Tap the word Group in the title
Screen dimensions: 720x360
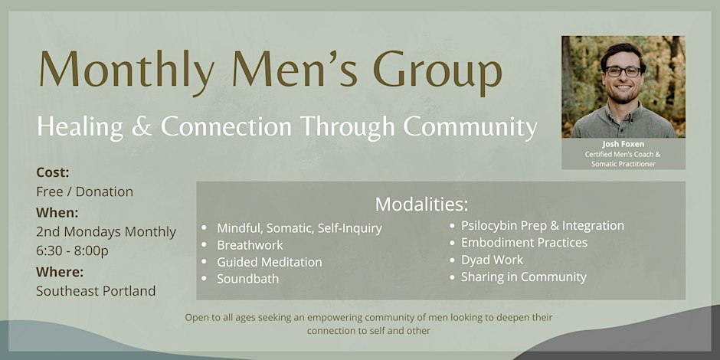click(437, 70)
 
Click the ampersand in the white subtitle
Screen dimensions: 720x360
click(142, 126)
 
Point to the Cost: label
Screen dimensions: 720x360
click(53, 172)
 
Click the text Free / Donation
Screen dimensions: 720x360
click(84, 191)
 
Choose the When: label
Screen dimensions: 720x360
click(57, 213)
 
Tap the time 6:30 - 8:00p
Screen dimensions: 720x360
click(73, 251)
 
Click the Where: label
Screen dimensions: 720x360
click(60, 272)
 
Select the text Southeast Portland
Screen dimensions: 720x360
click(96, 290)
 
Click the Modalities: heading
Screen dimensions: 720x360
click(422, 205)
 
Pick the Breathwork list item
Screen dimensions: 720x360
click(250, 245)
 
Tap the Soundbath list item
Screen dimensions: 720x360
click(248, 279)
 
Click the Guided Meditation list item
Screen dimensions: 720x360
click(270, 262)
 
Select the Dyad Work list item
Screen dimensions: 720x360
click(493, 260)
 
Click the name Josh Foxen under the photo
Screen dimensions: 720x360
click(623, 144)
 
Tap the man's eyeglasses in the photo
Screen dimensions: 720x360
click(623, 71)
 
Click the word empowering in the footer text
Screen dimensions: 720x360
click(322, 317)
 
